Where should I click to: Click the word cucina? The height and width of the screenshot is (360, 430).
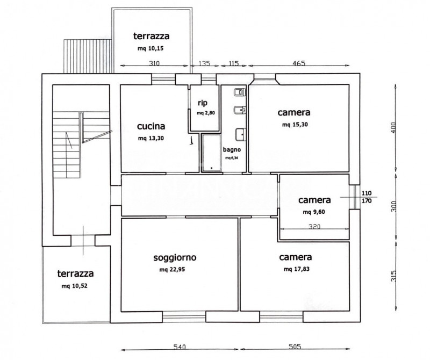click(x=151, y=126)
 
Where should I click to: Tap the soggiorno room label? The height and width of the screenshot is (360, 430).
click(x=175, y=257)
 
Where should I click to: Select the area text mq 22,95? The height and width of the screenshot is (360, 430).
click(x=172, y=270)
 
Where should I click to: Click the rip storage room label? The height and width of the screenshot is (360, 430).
click(x=203, y=103)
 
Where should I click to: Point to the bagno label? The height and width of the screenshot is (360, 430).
click(x=232, y=150)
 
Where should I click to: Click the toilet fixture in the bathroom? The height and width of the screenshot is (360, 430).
click(x=240, y=92)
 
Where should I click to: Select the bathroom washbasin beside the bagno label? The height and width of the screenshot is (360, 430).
click(x=241, y=134)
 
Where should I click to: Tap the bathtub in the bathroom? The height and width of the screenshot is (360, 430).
click(x=211, y=153)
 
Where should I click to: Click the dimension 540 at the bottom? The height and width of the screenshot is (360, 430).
click(x=180, y=347)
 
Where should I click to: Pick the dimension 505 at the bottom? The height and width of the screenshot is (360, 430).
click(x=295, y=347)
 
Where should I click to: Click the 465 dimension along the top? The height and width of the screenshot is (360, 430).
click(x=299, y=63)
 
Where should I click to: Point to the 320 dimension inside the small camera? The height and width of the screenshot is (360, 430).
click(x=314, y=226)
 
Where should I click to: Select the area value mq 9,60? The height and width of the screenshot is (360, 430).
click(x=314, y=212)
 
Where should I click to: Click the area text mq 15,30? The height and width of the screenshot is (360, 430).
click(x=295, y=125)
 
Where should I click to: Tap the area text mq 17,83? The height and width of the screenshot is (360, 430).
click(x=297, y=269)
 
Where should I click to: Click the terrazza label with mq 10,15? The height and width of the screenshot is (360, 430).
click(x=152, y=36)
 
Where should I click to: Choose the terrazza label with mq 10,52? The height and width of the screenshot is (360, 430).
click(x=75, y=273)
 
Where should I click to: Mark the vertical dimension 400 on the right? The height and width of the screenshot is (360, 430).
click(x=393, y=128)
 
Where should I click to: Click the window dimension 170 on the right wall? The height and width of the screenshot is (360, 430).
click(x=367, y=201)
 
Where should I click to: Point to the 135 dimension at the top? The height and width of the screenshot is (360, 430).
click(x=204, y=63)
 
